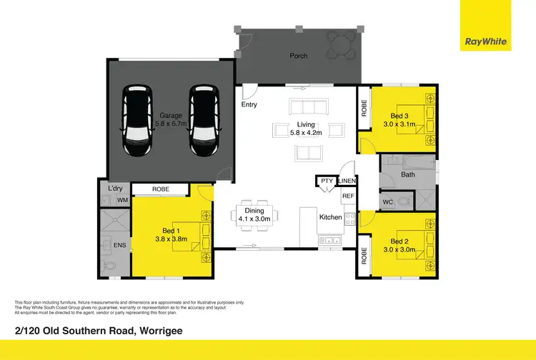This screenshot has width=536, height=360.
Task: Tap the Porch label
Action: click(x=298, y=55)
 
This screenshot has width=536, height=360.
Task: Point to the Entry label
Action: click(x=249, y=106)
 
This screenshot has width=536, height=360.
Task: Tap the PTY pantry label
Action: click(x=327, y=181)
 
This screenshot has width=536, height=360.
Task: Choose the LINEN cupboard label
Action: click(x=347, y=181)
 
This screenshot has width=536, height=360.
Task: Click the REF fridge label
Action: click(x=348, y=196)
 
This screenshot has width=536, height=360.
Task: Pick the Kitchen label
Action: click(x=330, y=216)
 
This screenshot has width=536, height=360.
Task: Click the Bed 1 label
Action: click(x=170, y=231)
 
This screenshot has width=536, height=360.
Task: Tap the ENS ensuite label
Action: click(x=119, y=246)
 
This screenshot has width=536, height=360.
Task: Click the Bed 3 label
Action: click(x=399, y=116)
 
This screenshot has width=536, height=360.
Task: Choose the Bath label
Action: click(x=408, y=174)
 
